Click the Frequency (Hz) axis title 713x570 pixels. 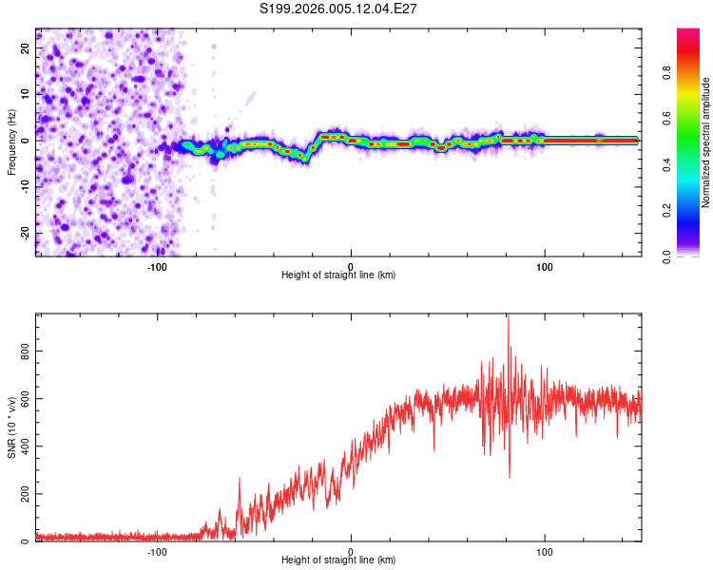point(11,142)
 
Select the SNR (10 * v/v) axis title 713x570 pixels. point(11,427)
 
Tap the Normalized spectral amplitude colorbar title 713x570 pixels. point(706,142)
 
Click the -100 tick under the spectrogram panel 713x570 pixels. point(157,266)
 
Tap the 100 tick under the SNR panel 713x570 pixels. point(545,551)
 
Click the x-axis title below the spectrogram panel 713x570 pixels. point(338,275)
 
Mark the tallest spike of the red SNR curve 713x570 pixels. point(508,316)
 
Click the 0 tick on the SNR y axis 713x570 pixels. point(27,541)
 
